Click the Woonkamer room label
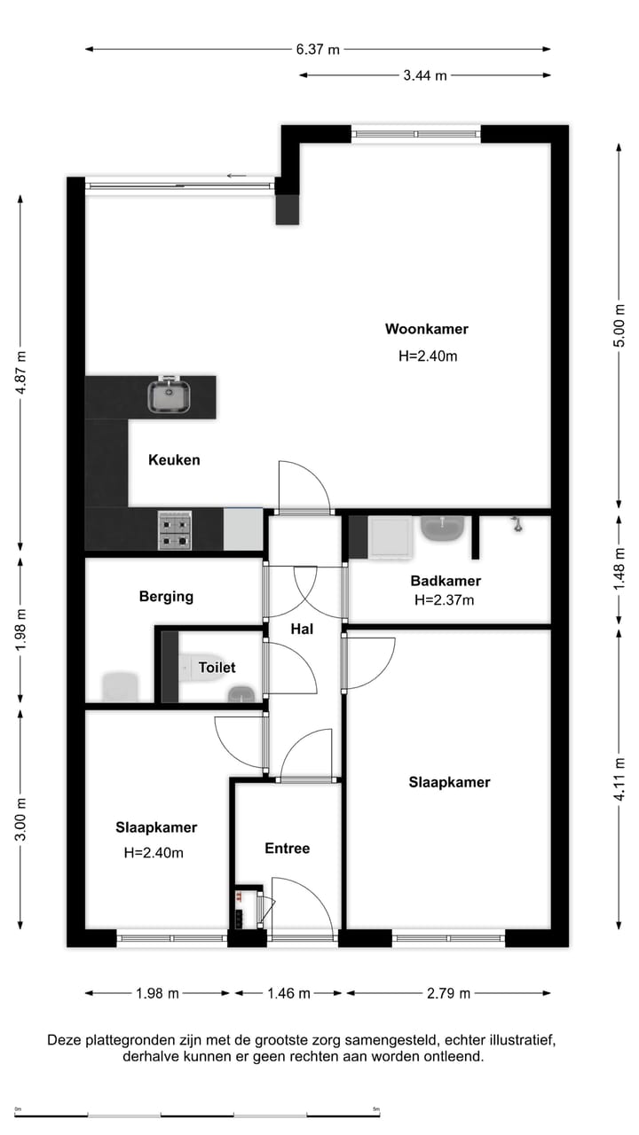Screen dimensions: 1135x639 [426, 329]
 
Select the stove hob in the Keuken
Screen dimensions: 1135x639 [176, 530]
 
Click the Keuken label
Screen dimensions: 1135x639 [174, 460]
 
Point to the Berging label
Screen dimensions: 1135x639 [166, 597]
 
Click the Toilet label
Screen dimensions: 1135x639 [217, 668]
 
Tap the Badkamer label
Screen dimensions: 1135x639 [446, 582]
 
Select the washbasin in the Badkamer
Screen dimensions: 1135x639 [444, 530]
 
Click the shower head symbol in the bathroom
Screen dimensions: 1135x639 [515, 525]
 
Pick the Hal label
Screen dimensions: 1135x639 [303, 629]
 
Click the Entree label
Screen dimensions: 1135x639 [288, 849]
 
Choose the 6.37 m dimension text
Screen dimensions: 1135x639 [318, 50]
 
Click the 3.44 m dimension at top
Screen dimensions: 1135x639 [424, 75]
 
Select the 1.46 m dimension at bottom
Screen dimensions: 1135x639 [288, 993]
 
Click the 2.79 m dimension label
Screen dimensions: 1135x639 [448, 993]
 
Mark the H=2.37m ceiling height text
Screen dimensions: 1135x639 [445, 600]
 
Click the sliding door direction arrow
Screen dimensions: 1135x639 [236, 176]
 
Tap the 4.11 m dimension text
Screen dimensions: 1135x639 [620, 778]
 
